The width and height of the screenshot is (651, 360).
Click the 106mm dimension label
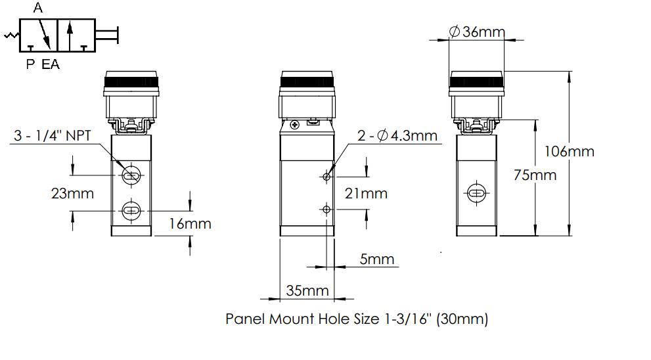click(x=569, y=152)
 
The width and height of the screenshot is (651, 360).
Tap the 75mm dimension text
click(x=535, y=175)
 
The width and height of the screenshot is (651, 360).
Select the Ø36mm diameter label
click(x=477, y=32)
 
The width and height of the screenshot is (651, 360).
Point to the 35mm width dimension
click(x=307, y=290)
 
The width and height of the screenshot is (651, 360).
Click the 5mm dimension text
click(x=376, y=259)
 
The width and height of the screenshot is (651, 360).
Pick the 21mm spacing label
click(x=366, y=194)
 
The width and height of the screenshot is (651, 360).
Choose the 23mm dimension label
click(x=72, y=194)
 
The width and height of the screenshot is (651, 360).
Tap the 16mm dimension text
click(x=190, y=224)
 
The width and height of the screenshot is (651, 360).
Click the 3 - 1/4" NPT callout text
click(x=53, y=135)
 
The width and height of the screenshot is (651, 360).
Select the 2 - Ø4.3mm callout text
click(x=397, y=135)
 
